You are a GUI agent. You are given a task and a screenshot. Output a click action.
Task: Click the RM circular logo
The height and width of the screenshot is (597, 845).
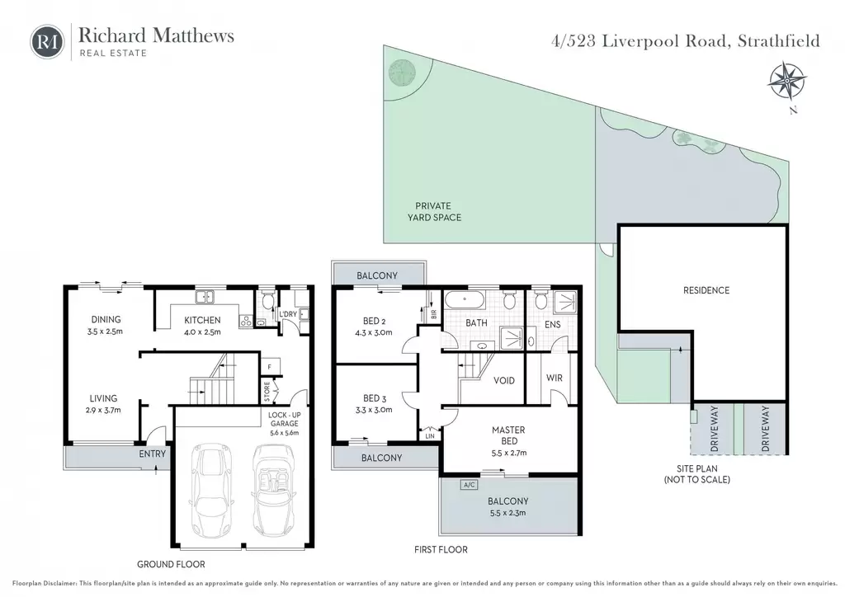pos(47,41)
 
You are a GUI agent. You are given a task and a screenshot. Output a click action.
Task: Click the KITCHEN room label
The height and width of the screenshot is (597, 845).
pos(203,320)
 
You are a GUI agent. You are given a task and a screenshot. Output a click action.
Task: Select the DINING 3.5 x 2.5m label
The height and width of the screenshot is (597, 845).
pos(106,325)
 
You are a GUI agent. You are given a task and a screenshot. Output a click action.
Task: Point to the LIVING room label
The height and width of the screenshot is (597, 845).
pos(103,398)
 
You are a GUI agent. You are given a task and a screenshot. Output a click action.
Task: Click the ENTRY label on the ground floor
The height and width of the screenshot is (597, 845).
pos(153,454)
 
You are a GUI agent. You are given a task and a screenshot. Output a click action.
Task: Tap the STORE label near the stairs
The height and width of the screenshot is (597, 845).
pos(267,392)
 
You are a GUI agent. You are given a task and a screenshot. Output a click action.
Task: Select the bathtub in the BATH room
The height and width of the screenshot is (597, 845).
pos(465,298)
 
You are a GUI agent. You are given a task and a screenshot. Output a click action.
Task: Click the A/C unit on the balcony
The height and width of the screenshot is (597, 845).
pos(469,485)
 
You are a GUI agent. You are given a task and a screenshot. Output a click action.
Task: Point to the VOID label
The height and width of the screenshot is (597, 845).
pos(504,381)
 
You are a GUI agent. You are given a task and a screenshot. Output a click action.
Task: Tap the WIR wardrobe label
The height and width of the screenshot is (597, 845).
pos(554,378)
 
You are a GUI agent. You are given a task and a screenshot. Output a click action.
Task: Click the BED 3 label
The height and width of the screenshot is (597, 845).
pos(375,398)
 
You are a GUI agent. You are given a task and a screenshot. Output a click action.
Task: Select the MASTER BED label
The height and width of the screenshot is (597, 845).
pos(508,435)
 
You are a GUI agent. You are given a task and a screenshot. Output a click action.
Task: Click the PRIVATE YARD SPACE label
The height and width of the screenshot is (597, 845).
pos(434,212)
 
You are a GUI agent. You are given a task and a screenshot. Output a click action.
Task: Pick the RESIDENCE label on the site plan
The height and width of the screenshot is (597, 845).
pos(706,290)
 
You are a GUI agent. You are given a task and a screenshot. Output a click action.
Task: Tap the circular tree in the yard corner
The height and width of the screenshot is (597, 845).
pos(402,72)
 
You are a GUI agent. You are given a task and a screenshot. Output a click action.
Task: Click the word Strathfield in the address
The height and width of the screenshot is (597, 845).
pos(778,41)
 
